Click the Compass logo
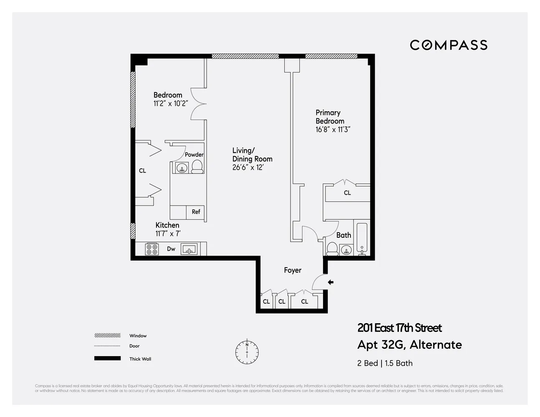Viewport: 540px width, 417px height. (x=448, y=45)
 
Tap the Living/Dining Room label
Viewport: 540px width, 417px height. (x=252, y=155)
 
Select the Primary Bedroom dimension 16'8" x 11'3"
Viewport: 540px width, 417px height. (x=333, y=130)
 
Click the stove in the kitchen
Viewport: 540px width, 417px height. (x=151, y=249)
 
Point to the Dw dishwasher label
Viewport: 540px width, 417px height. (x=171, y=249)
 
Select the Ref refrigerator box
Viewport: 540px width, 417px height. (x=196, y=212)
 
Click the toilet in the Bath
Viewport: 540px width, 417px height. (x=333, y=249)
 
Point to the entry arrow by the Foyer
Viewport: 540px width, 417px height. (x=331, y=282)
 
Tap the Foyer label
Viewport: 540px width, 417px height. (x=293, y=270)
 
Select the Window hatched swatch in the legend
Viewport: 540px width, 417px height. (x=107, y=336)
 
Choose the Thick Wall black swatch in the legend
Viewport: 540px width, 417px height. (x=107, y=359)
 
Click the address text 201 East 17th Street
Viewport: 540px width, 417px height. (x=399, y=328)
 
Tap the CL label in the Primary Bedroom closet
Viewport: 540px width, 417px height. (x=347, y=193)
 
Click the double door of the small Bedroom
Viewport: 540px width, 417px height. (x=198, y=104)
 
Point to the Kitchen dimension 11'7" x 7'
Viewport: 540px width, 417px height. (x=168, y=234)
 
